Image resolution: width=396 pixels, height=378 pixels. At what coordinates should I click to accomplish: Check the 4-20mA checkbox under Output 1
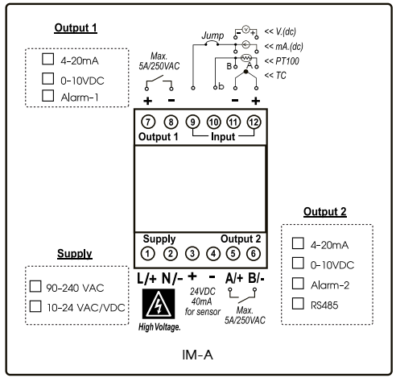[47, 60]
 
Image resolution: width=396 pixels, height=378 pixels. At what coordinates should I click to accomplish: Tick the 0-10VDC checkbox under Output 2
[298, 264]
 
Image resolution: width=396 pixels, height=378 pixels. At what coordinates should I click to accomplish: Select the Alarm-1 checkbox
[47, 97]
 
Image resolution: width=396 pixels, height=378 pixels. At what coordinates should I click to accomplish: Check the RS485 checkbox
[298, 304]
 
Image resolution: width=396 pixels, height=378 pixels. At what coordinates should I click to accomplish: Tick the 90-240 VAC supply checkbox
[35, 286]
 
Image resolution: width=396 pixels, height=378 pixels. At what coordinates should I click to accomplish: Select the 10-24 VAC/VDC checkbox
[35, 305]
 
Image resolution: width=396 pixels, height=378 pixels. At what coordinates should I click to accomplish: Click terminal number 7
[148, 122]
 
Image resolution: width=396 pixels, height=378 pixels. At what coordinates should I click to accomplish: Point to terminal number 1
[148, 253]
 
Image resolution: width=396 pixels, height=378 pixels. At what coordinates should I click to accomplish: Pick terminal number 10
[213, 122]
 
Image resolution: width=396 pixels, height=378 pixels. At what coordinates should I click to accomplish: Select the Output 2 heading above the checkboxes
[324, 212]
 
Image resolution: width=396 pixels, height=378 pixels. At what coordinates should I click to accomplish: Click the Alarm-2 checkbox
[298, 284]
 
